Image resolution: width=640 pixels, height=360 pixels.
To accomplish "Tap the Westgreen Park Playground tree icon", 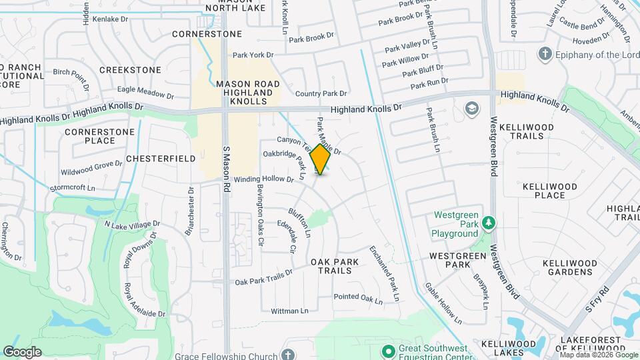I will [x=489, y=221].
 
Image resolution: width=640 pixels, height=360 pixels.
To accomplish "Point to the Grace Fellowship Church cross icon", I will [x=288, y=355].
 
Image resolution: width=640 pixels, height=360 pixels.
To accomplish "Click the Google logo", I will [x=22, y=351].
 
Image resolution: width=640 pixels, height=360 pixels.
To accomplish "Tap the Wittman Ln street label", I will [x=290, y=311].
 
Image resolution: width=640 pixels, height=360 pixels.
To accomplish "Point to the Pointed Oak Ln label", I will [x=359, y=298].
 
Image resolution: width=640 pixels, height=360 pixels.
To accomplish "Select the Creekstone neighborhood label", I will [x=130, y=70].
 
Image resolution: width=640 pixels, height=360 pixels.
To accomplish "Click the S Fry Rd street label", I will [x=598, y=300].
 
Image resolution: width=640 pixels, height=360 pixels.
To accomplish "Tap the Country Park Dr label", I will [x=321, y=94].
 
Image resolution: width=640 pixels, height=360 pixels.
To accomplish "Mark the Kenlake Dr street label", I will [x=111, y=20].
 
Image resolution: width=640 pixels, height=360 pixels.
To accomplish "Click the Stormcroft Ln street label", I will [x=73, y=189].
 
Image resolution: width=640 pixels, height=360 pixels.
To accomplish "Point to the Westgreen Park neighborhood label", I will [x=455, y=260].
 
